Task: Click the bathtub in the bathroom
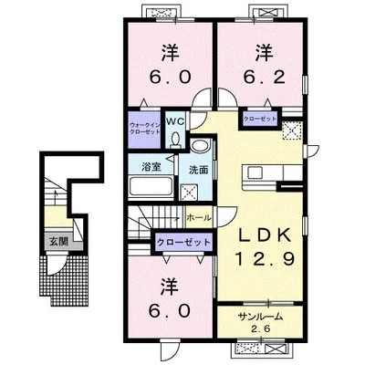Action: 151,188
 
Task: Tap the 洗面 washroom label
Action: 198,170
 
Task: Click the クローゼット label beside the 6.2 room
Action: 259,118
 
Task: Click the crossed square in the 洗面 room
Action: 192,192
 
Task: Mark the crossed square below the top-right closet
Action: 292,133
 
